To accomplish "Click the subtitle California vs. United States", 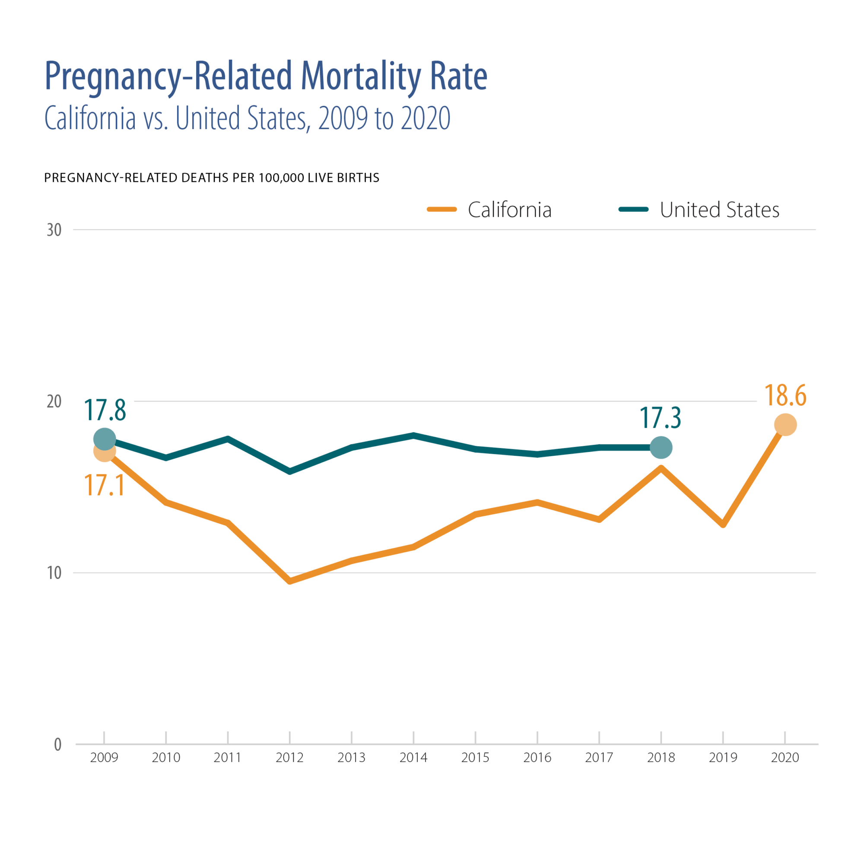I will [x=247, y=118].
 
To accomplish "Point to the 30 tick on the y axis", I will [x=54, y=230].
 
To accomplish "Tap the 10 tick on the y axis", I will [x=54, y=573].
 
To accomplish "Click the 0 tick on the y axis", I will [x=58, y=745].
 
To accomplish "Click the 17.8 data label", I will [x=105, y=410].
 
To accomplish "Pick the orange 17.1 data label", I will [x=104, y=485].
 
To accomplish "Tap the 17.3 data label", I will [x=660, y=418].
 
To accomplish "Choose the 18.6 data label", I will [x=785, y=396].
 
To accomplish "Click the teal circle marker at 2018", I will [x=661, y=448].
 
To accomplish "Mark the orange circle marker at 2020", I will [x=785, y=425].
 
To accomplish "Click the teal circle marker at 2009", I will [x=105, y=439].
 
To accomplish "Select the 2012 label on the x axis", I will [x=290, y=758].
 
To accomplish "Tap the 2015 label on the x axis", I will [x=475, y=758].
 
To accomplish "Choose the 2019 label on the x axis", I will [x=723, y=758].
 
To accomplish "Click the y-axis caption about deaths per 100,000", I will [x=212, y=178].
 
